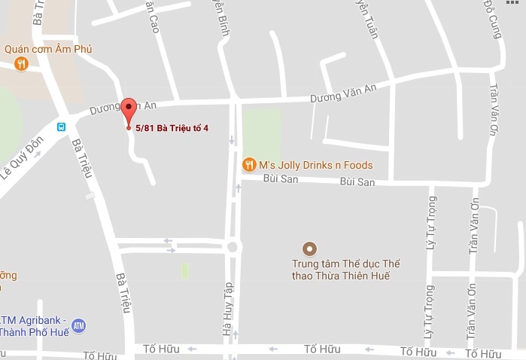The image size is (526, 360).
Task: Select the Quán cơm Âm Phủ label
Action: coord(48,49)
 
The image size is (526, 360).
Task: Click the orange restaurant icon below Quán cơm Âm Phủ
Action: coord(21,64)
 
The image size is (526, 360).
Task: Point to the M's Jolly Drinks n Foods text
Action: coord(315,165)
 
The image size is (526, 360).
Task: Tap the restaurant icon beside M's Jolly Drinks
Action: coord(248,164)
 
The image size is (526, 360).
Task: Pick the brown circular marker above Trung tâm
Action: coord(309,249)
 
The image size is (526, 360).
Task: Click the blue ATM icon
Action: coord(78,326)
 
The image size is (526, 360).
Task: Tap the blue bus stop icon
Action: coord(62,127)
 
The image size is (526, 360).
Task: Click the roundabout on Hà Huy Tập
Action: coord(233,246)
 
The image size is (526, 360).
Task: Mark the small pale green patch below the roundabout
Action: coord(184,271)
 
